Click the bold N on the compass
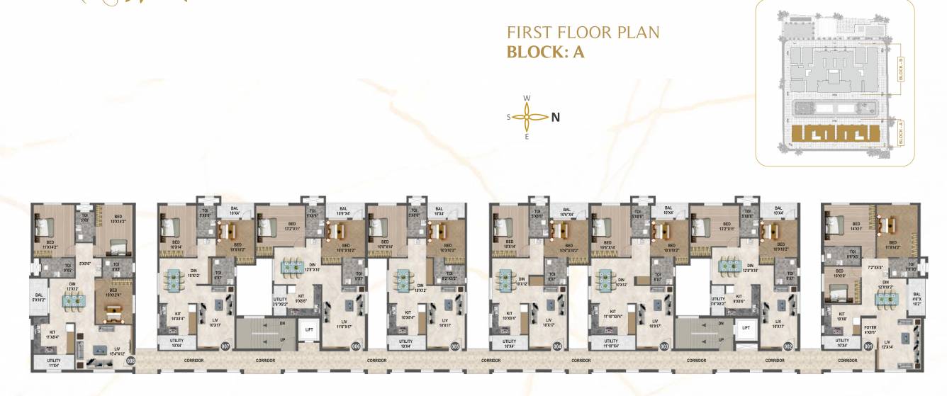click(x=556, y=118)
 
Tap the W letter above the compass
click(x=527, y=98)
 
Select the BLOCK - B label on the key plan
click(x=900, y=69)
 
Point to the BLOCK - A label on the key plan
click(x=900, y=133)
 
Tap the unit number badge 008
click(x=130, y=361)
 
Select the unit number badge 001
click(x=868, y=346)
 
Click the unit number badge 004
click(x=557, y=346)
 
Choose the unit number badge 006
click(x=356, y=346)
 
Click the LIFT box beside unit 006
click(x=309, y=329)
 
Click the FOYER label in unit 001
click(x=870, y=329)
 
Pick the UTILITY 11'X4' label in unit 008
click(x=54, y=363)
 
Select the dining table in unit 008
click(x=73, y=301)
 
